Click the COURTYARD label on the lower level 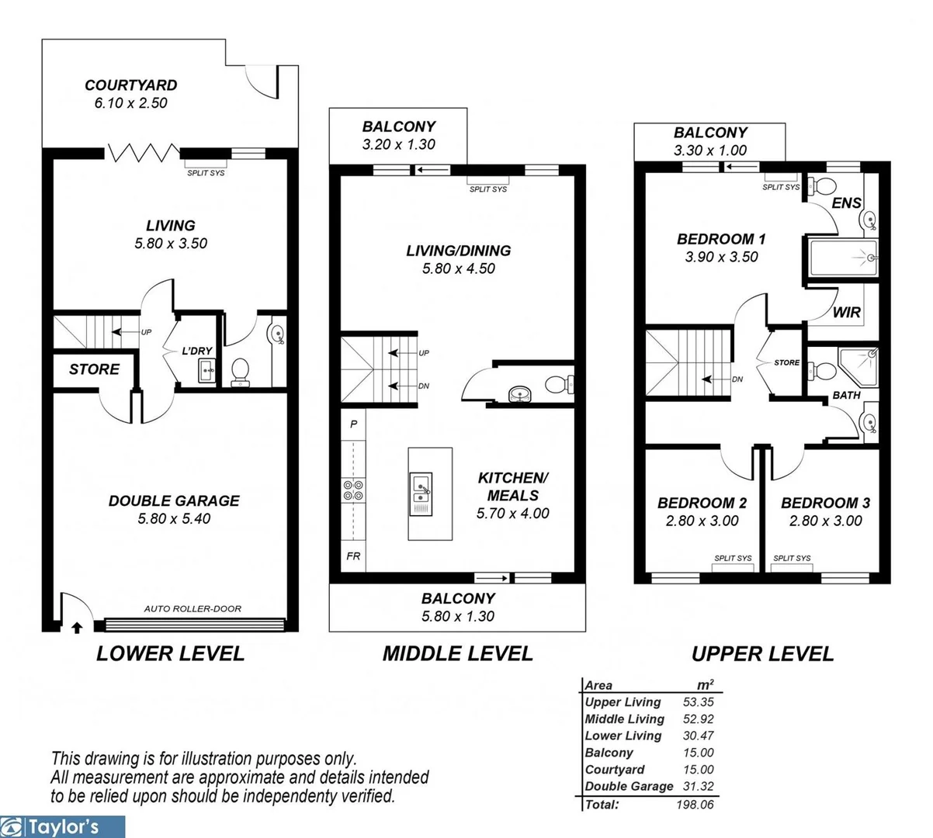pyautogui.click(x=130, y=85)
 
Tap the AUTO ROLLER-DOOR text pyautogui.click(x=192, y=609)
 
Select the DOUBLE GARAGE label pyautogui.click(x=174, y=501)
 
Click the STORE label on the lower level pyautogui.click(x=94, y=369)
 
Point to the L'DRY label pyautogui.click(x=197, y=351)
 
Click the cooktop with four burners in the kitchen pyautogui.click(x=353, y=489)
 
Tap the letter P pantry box pyautogui.click(x=353, y=424)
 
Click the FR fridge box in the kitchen pyautogui.click(x=353, y=556)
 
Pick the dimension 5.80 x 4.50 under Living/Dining pyautogui.click(x=458, y=268)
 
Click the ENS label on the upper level pyautogui.click(x=846, y=203)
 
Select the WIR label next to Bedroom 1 pyautogui.click(x=846, y=312)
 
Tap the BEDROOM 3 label pyautogui.click(x=825, y=503)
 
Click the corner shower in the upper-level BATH pyautogui.click(x=860, y=363)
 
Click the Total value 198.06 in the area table pyautogui.click(x=695, y=805)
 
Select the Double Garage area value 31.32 pyautogui.click(x=698, y=786)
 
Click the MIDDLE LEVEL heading pyautogui.click(x=457, y=653)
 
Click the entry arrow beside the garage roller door pyautogui.click(x=76, y=627)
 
